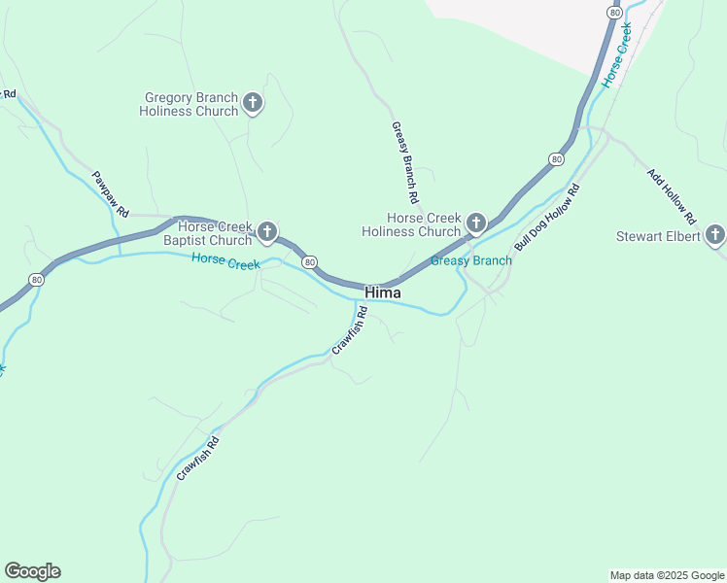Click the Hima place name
pos(383,292)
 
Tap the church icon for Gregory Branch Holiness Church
pos(253,103)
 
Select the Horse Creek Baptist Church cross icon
pos(267,232)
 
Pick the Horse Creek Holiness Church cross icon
pos(476,223)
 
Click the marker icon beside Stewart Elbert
pos(714,235)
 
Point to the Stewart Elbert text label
pos(658,236)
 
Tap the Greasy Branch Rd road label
pos(404,161)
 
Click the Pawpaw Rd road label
pos(111,194)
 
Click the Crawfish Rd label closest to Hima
pos(349,330)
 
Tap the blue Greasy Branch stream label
pos(470,260)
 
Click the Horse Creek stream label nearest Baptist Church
pos(225,260)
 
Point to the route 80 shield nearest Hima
pos(309,262)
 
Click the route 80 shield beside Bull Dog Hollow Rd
pos(555,158)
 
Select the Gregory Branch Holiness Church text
pos(190,104)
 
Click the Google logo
pos(32,571)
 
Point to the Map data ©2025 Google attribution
pos(667,575)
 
